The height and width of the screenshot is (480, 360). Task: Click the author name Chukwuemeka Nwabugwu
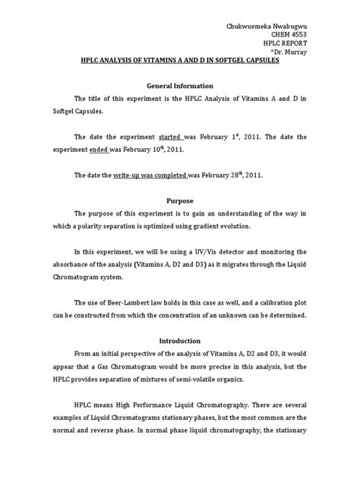[270, 27]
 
